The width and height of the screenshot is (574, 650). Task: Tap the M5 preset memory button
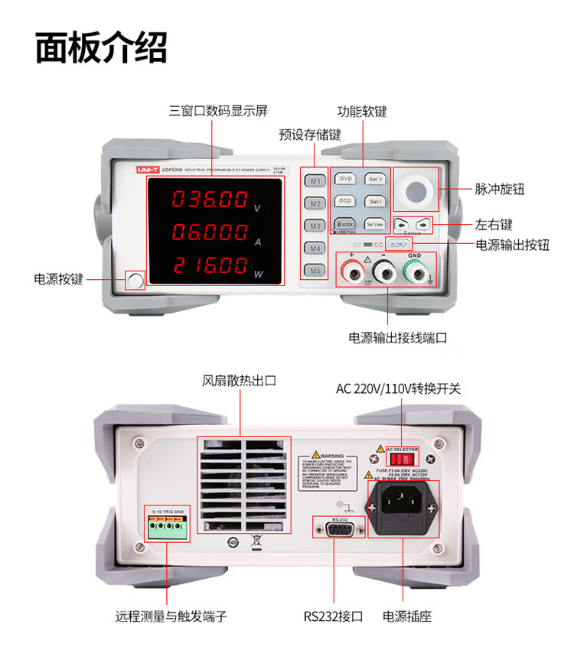tap(315, 270)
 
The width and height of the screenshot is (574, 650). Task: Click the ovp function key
tap(345, 179)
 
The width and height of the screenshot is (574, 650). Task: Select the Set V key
tap(375, 179)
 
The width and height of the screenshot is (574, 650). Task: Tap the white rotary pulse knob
tap(416, 190)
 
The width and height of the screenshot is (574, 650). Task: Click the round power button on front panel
tap(135, 281)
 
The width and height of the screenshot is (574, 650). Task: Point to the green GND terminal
tap(414, 271)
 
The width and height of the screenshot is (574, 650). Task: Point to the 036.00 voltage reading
tap(209, 200)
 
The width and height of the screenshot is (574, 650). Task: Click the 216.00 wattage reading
tap(209, 265)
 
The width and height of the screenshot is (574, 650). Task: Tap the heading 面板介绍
tap(100, 47)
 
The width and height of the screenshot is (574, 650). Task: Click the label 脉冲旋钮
tap(499, 190)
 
